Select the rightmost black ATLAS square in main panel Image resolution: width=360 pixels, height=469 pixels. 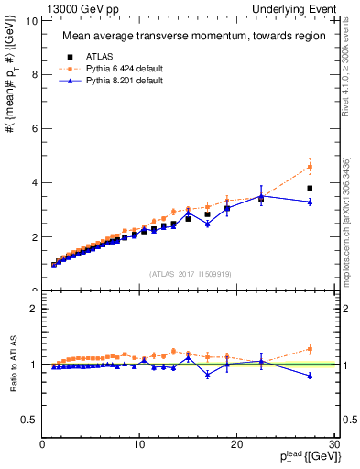pos(310,188)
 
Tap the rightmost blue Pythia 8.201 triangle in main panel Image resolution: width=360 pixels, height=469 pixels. pos(310,202)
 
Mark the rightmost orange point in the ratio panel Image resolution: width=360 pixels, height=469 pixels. pos(310,348)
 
